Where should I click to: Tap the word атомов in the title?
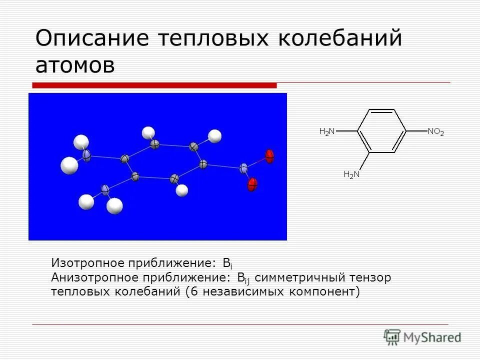point(75,66)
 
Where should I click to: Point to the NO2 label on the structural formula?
point(435,132)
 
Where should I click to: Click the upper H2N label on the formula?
point(327,132)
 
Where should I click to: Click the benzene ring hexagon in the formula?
point(382,131)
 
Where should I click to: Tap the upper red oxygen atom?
point(270,156)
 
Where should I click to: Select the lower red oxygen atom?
point(252,184)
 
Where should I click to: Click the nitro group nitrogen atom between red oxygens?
point(243,168)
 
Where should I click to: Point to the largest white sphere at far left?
point(69,165)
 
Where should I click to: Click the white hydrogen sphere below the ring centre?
point(182,190)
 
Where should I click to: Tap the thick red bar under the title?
point(155,85)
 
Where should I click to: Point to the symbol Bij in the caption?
point(243,278)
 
